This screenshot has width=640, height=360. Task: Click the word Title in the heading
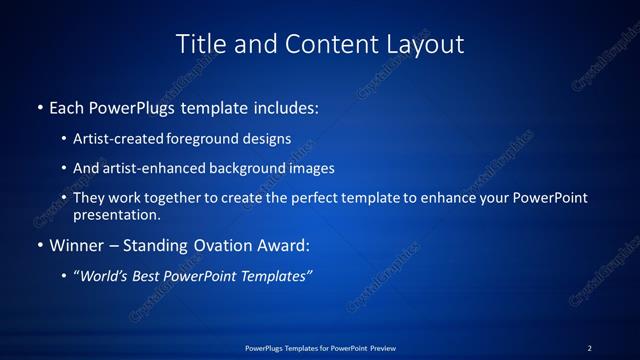click(200, 44)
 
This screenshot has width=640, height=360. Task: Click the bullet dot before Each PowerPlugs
click(39, 106)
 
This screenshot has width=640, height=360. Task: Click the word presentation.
click(116, 214)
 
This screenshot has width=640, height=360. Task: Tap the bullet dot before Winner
click(39, 244)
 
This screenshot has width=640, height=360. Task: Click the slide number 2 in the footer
click(589, 348)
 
